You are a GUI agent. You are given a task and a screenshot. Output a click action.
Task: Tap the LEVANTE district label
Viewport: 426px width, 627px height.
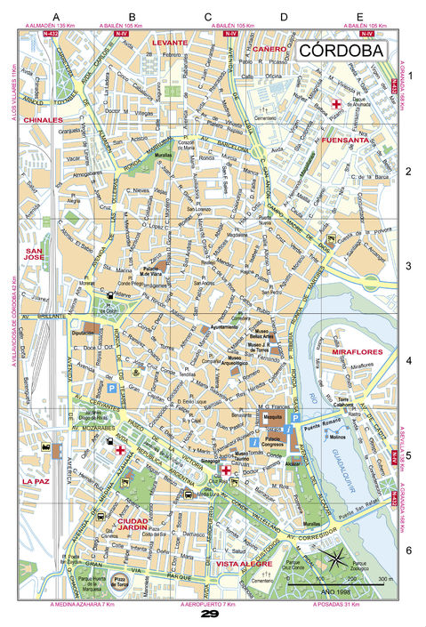click(x=169, y=42)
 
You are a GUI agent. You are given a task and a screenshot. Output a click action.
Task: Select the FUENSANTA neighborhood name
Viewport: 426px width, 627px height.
click(x=345, y=141)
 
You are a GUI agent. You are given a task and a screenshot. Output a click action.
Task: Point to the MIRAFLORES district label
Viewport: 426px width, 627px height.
click(x=357, y=353)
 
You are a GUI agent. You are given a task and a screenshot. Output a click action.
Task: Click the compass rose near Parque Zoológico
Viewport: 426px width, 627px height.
click(x=337, y=560)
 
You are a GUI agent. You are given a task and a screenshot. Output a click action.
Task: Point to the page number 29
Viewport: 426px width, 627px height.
click(x=210, y=615)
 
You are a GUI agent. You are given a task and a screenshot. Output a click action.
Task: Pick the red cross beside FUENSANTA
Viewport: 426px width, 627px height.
click(x=336, y=106)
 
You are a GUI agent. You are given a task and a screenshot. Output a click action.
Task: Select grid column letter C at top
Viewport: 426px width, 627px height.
click(x=208, y=17)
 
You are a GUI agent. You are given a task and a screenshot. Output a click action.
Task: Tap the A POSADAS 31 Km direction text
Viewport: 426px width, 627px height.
click(x=339, y=605)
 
